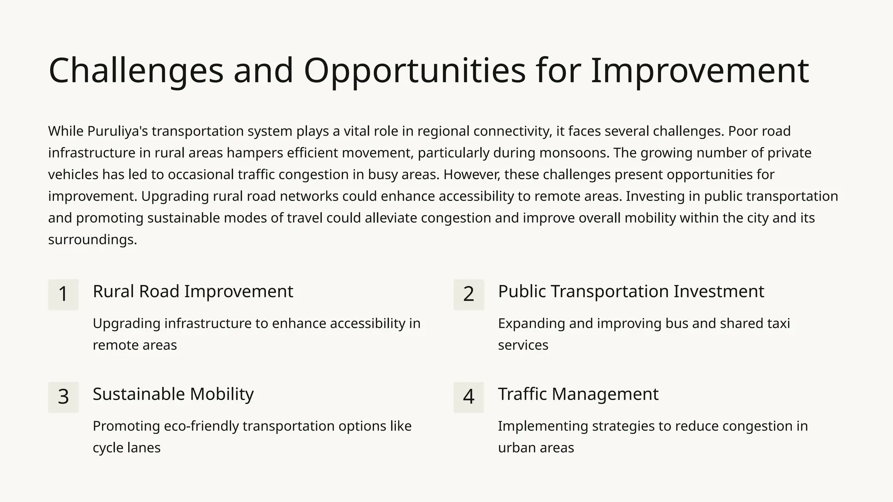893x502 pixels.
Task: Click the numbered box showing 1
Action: coord(63,295)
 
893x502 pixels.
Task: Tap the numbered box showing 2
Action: coord(469,295)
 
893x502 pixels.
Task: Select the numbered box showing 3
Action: coord(63,397)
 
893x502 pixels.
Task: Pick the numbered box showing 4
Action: coord(469,397)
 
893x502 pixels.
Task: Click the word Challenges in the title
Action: coord(136,71)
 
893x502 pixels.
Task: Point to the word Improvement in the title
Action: coord(699,71)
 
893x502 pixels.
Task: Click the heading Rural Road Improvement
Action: coord(193,292)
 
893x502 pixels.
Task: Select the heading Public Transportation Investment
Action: coord(631,292)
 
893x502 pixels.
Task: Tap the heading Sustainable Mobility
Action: coord(173,394)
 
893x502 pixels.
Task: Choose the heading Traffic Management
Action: coord(578,394)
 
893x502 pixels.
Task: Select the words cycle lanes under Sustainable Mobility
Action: coord(126,448)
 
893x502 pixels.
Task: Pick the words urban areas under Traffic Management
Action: coord(536,448)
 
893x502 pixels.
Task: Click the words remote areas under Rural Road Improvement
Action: coord(135,345)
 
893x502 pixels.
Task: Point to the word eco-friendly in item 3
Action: coord(202,426)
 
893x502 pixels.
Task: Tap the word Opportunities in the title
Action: coord(415,71)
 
